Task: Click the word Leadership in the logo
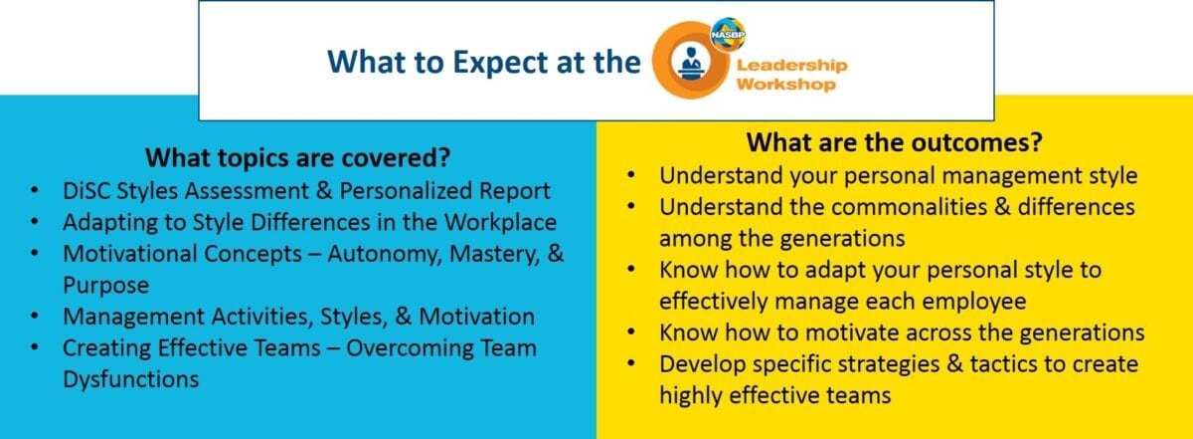coord(791,65)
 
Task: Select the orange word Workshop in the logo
coord(785,85)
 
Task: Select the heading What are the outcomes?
coord(894,142)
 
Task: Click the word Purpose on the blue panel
coord(105,285)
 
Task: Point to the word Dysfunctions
coord(130,379)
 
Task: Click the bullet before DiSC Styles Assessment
coord(37,190)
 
